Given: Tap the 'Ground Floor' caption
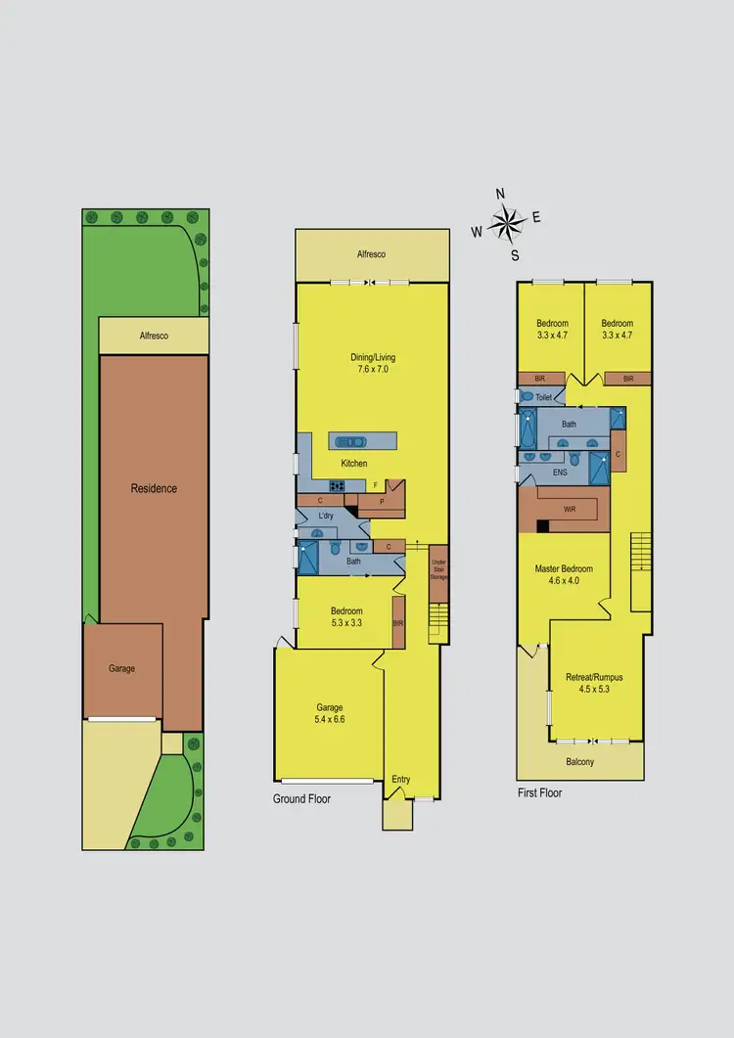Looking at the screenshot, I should coord(301,799).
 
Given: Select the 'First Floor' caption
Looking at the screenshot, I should coord(540,792).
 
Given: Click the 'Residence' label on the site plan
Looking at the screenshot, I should coord(155,488).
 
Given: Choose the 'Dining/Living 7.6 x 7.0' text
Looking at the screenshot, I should coord(373,364).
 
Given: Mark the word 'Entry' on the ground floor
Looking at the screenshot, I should coord(401,780).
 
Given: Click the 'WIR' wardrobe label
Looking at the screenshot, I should coord(570,510).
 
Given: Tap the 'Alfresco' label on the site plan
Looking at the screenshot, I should coord(154,336).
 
